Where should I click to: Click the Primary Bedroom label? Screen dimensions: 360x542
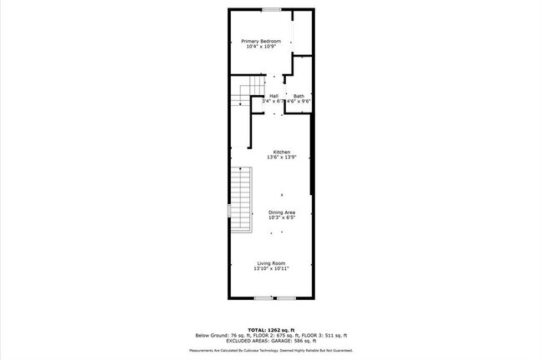[x=261, y=41]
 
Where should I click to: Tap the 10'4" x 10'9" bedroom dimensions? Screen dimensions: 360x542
[x=261, y=47]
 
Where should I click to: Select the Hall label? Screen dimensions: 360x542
[x=274, y=96]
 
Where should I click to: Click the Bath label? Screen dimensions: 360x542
[x=299, y=96]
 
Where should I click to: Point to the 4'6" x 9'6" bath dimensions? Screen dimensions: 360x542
[x=299, y=102]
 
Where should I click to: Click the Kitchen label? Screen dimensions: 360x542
[x=282, y=152]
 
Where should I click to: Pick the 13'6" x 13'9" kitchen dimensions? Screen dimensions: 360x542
[x=282, y=157]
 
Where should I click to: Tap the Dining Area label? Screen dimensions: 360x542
[x=282, y=212]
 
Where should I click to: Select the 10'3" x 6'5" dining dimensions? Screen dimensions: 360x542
[x=282, y=218]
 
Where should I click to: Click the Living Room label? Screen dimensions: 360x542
[x=271, y=263]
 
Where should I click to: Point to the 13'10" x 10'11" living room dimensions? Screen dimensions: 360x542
[x=271, y=269]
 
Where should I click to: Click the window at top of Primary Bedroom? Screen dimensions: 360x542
[x=270, y=9]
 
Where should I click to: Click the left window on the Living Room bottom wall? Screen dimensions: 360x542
[x=263, y=297]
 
